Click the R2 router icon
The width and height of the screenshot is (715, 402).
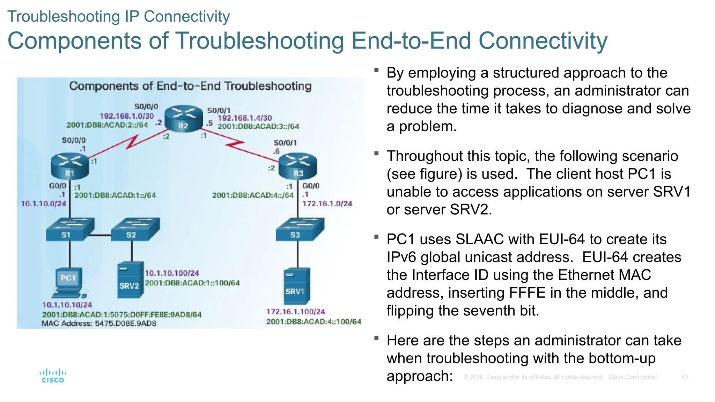184,118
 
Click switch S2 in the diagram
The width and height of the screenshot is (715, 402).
135,229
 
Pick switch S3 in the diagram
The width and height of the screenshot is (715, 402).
300,229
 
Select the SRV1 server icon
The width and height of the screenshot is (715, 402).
297,286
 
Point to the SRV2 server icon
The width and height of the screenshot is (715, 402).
130,280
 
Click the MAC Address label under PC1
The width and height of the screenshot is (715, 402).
99,323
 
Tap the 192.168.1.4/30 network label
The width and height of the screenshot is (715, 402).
245,118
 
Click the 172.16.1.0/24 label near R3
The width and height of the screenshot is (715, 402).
327,203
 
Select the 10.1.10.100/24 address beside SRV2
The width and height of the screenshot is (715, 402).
172,273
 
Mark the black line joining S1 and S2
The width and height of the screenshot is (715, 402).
100,235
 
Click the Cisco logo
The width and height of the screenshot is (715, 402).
53,376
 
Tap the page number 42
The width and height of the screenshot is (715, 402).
684,377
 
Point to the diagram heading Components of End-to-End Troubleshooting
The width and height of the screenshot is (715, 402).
190,86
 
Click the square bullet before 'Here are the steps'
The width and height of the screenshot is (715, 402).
376,338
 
